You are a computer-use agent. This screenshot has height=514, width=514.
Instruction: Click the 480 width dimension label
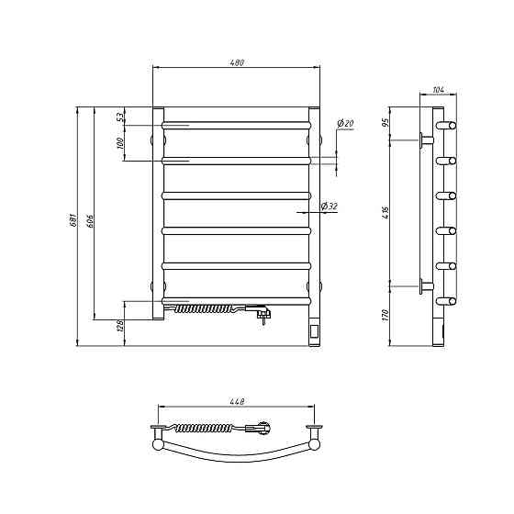237,62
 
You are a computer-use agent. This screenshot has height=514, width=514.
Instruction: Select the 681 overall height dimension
73,220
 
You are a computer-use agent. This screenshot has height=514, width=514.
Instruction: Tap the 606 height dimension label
91,221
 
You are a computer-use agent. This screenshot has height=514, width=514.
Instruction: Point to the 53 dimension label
121,117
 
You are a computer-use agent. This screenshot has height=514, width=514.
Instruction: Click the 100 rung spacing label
120,143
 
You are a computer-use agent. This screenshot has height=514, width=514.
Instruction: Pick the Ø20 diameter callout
345,124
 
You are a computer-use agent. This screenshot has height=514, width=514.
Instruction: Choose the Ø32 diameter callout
330,207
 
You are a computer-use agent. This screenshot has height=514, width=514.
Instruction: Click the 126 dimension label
120,326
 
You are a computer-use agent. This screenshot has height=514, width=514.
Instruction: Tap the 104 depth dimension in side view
439,90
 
